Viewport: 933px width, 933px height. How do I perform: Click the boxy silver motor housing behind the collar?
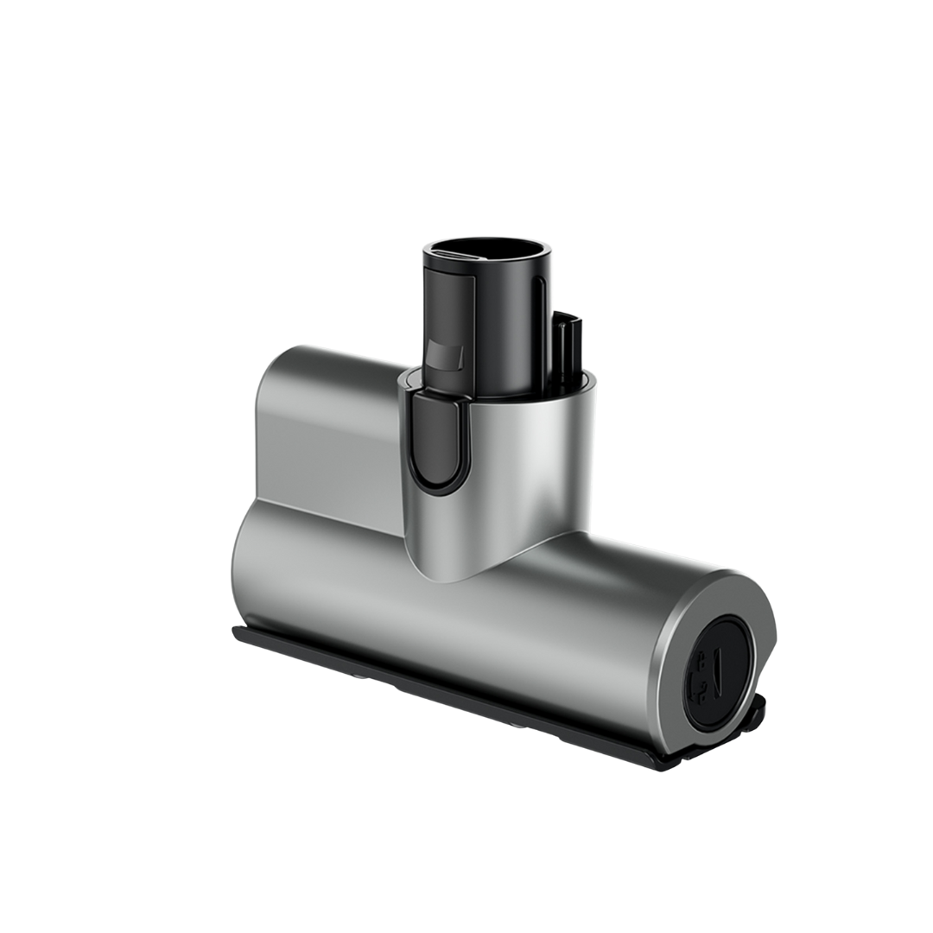328,432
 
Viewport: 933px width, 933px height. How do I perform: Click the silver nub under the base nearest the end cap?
518,724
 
